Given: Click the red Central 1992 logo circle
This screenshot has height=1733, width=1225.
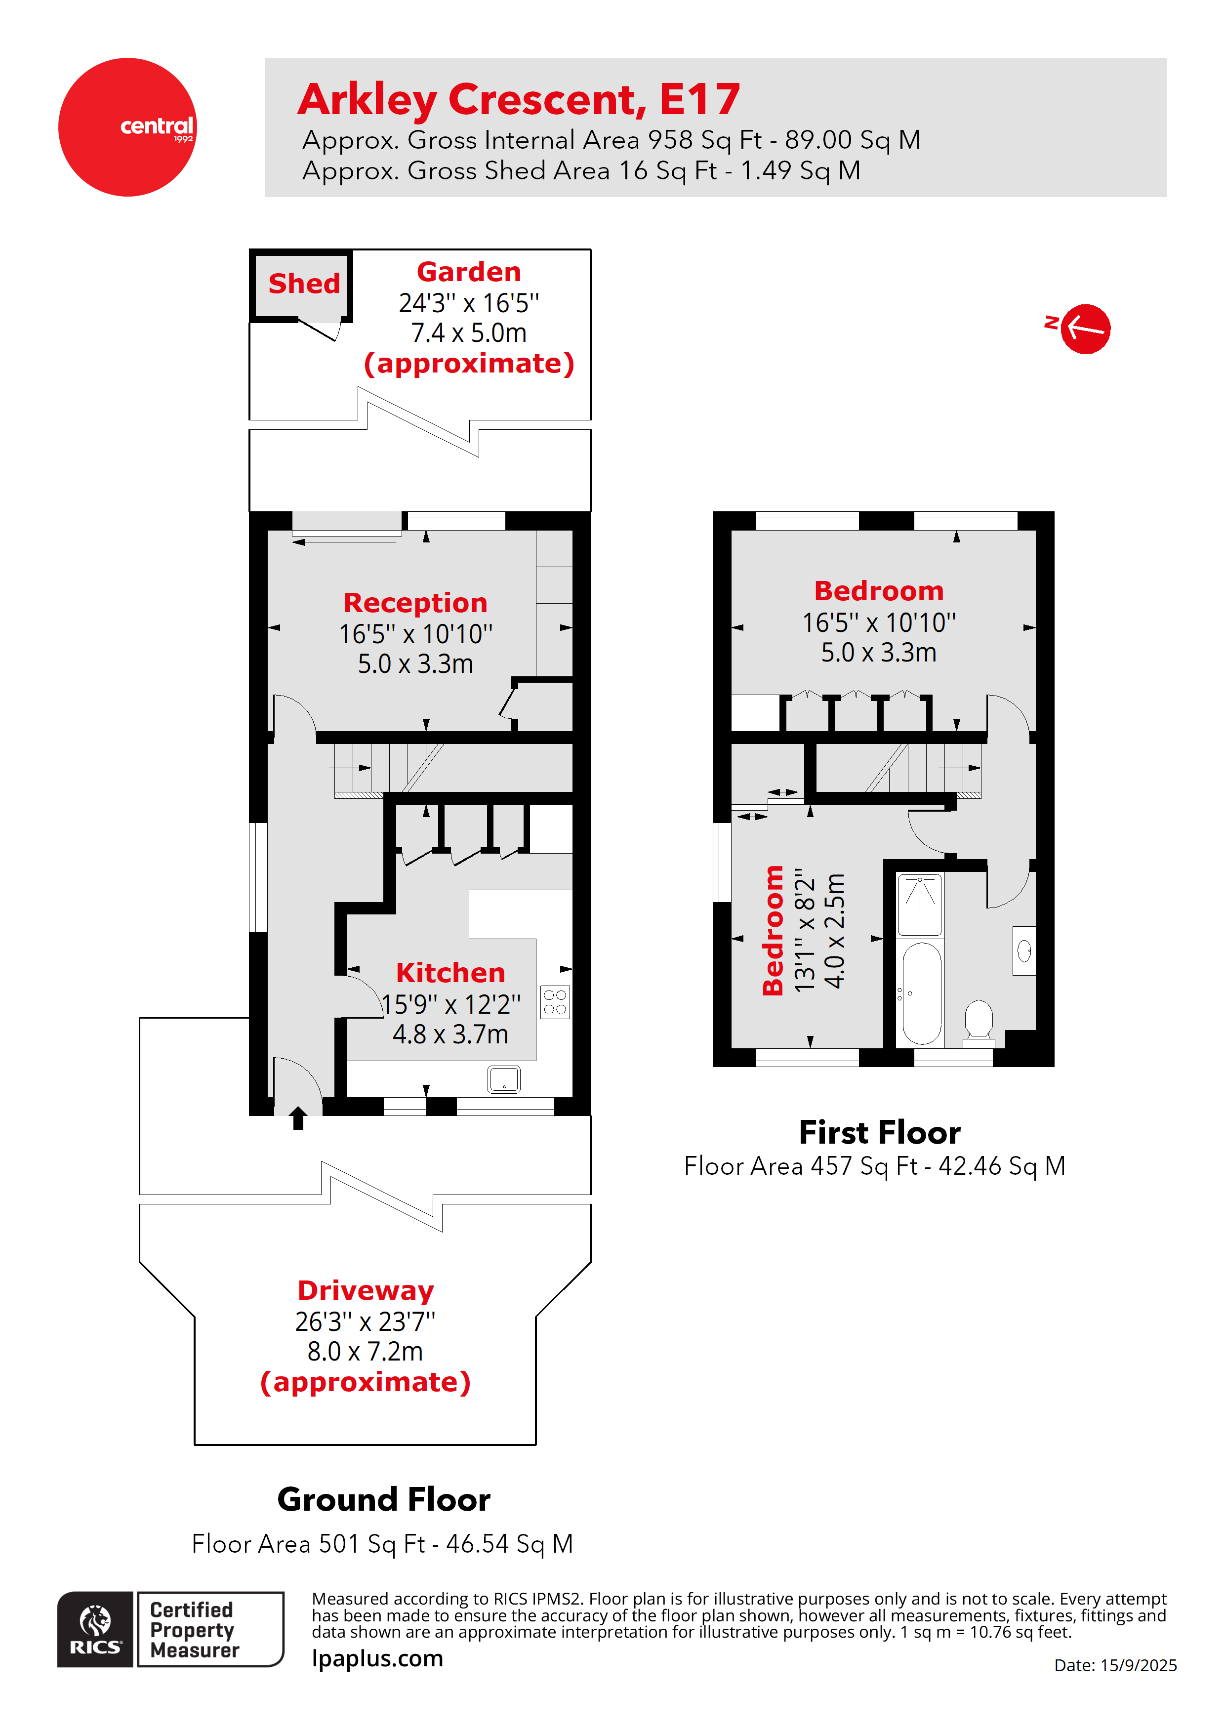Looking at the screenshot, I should [x=127, y=127].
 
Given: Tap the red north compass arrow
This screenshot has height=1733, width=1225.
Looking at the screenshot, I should [x=1085, y=329].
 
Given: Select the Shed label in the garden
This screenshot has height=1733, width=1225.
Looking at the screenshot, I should [x=304, y=284].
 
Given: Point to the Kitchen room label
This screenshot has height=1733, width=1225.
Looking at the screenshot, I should [x=450, y=973].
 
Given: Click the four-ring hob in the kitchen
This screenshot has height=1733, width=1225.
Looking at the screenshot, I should [x=555, y=1002].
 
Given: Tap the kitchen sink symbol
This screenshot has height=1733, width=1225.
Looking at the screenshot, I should [x=503, y=1079].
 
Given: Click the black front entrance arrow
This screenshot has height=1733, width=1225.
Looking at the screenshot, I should [x=298, y=1118].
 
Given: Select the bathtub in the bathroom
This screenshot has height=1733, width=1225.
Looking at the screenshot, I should [x=922, y=993].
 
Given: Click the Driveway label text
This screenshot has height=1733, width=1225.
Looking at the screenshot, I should [x=366, y=1291].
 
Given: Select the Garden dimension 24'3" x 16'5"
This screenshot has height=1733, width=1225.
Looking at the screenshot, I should [x=469, y=303].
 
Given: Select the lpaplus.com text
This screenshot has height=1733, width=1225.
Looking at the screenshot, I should [x=377, y=1659].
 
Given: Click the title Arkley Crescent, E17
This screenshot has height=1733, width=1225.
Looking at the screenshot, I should [x=519, y=100].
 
